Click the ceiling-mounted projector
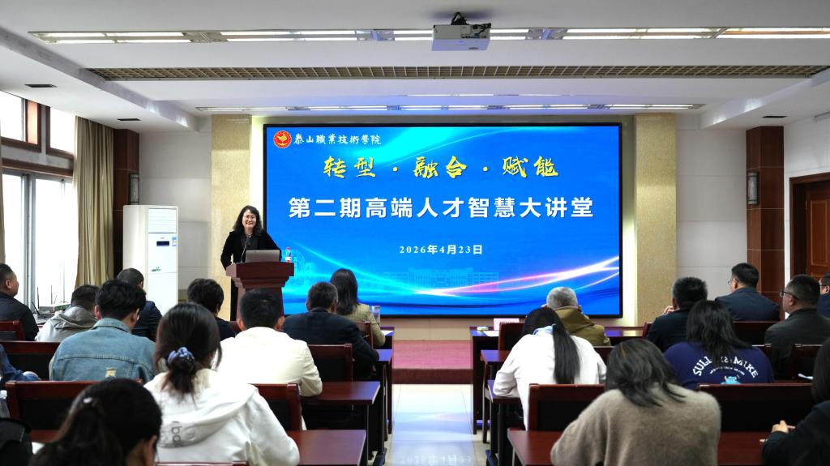(460, 35)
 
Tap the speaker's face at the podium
(248, 220)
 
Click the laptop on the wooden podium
(262, 255)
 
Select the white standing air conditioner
(151, 254)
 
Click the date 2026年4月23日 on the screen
(441, 250)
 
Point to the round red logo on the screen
(282, 139)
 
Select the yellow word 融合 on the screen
(440, 167)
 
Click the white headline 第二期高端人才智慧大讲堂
(441, 207)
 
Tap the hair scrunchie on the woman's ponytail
(180, 355)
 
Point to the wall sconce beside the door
(753, 188)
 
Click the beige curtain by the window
(94, 203)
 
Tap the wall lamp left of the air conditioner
(134, 188)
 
